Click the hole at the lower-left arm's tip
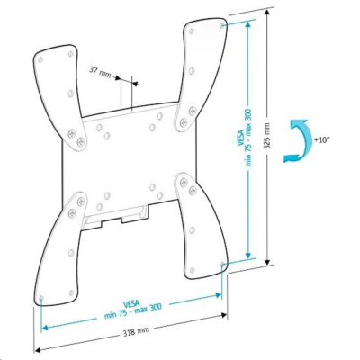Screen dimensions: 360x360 click(x=42, y=296)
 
